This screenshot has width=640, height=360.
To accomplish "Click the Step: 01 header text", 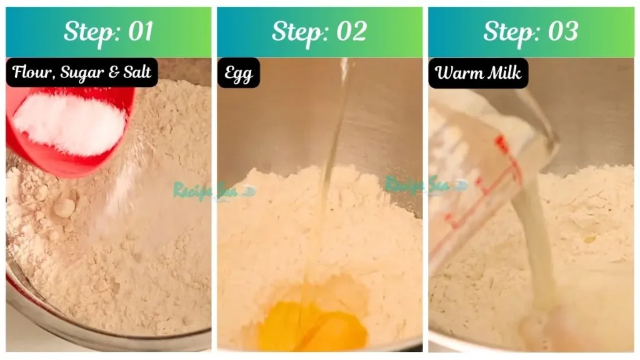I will point(108,31).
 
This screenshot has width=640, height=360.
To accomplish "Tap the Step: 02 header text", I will point(319,31).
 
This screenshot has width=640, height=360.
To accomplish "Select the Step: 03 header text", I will point(530,31).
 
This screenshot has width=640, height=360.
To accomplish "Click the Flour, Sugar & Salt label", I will point(82,72).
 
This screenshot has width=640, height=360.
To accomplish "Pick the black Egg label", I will point(238,73).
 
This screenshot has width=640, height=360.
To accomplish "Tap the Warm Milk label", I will point(478,73).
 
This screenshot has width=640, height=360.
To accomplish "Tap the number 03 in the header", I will point(562,31).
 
